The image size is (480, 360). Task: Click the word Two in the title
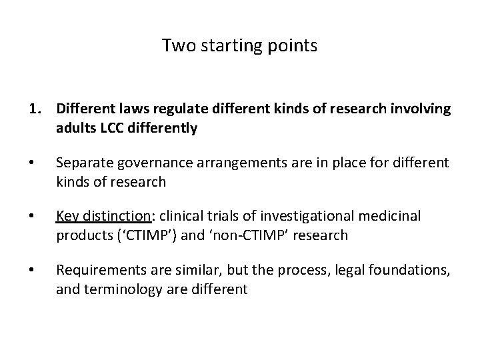coord(175,46)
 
